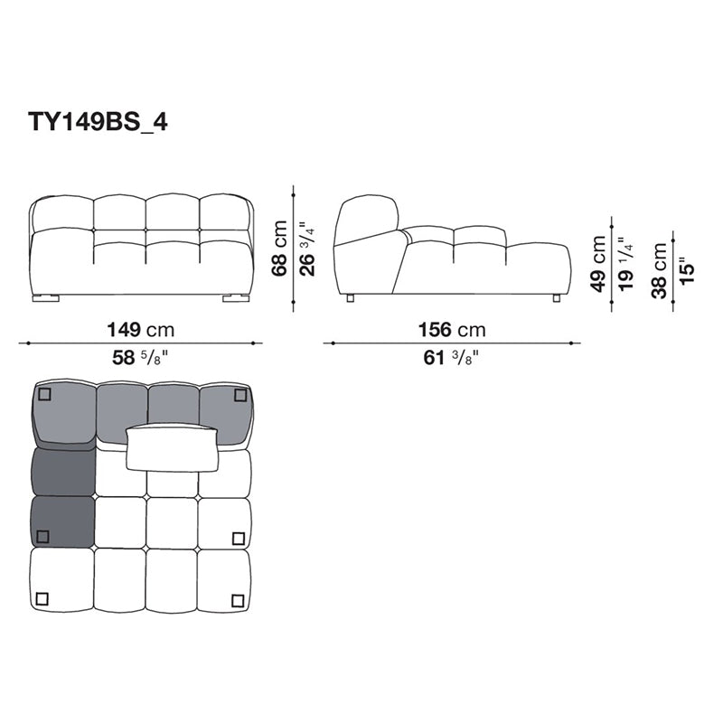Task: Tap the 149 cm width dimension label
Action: click(141, 330)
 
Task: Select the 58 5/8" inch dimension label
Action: click(141, 358)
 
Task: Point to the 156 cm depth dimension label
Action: click(451, 330)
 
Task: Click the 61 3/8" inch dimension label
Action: click(451, 358)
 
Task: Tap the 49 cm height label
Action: click(598, 264)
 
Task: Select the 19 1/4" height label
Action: click(624, 264)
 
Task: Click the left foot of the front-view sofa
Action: click(47, 296)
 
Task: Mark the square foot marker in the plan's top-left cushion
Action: click(45, 394)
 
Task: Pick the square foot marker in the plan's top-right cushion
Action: click(239, 394)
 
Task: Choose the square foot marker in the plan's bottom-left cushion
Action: click(42, 597)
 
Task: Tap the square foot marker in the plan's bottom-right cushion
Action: click(237, 600)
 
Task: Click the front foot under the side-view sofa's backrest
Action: click(350, 296)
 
